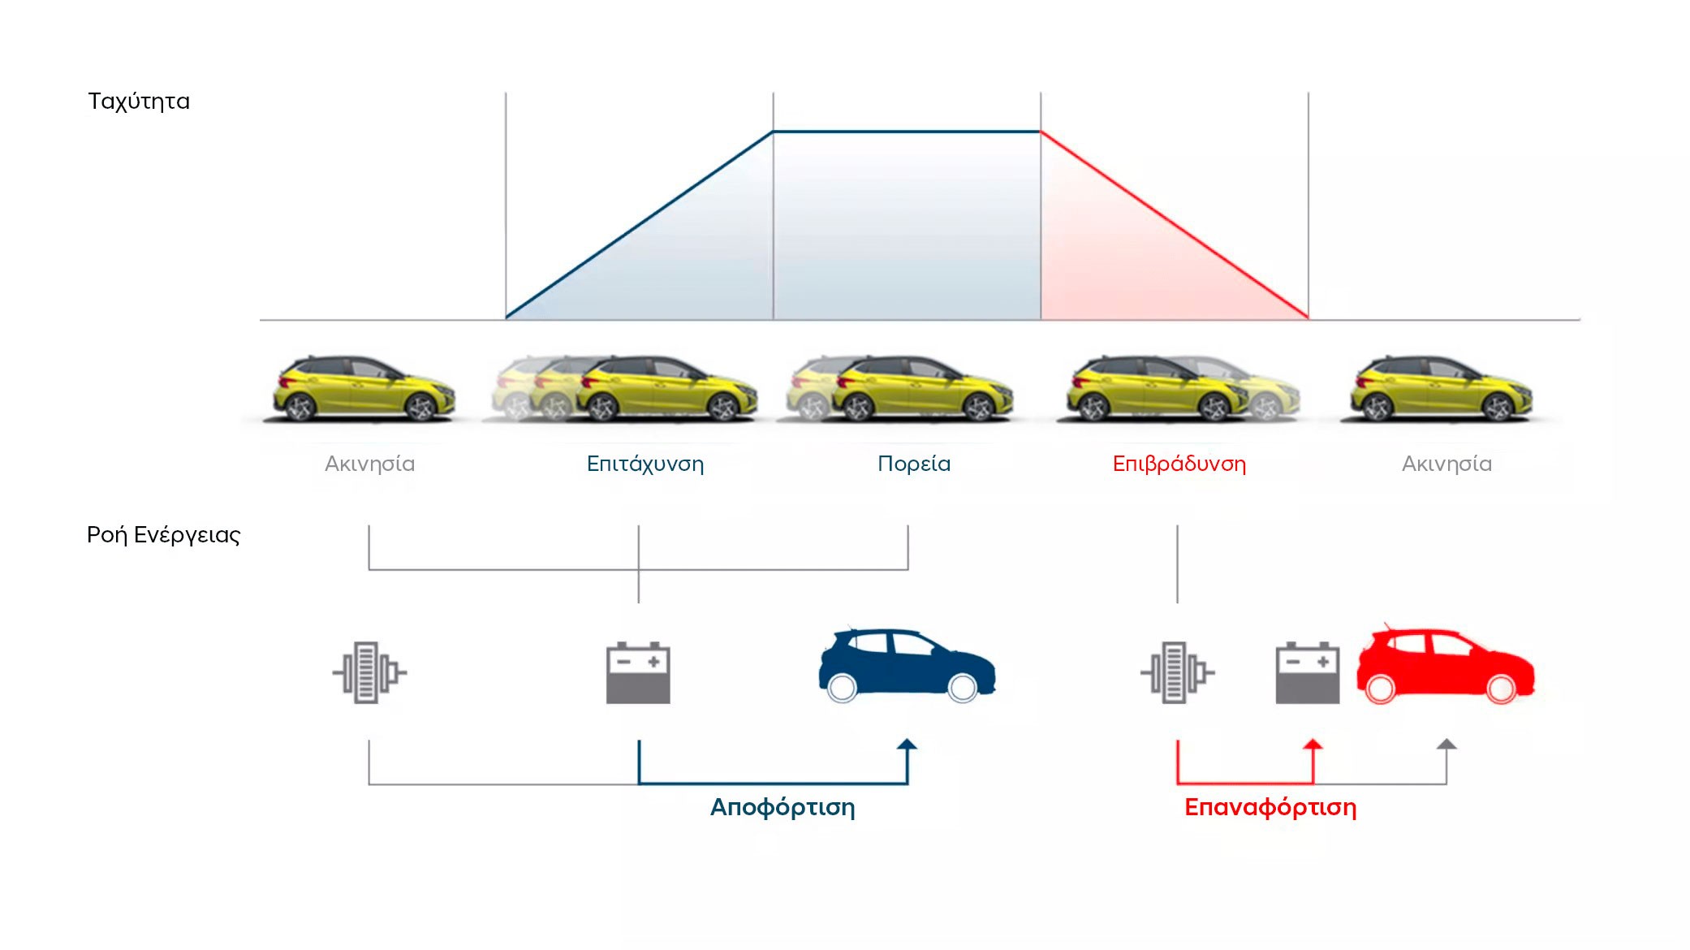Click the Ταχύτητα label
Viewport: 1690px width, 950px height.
[139, 101]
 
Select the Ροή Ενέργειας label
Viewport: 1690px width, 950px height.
[164, 535]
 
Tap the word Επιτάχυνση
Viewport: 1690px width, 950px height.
[645, 464]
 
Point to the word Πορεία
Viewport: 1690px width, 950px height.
[914, 464]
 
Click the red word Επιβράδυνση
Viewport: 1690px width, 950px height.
[1179, 464]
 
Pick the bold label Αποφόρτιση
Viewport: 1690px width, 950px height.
[782, 808]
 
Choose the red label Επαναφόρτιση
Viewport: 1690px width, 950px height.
[1270, 808]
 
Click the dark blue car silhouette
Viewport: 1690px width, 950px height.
[907, 664]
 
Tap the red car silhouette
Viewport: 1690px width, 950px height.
[1446, 664]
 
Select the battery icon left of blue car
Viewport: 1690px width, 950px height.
[639, 673]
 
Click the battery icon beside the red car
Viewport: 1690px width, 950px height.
[1308, 673]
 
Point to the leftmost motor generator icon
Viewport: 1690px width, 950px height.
[369, 672]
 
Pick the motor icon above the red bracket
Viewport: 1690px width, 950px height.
[1177, 672]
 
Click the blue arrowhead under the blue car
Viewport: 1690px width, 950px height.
[908, 745]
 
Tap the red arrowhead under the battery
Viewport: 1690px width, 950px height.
[1313, 745]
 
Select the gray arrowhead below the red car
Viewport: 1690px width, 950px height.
[1446, 745]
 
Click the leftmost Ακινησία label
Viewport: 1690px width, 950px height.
[370, 464]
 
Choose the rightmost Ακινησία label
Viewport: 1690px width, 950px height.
[1447, 464]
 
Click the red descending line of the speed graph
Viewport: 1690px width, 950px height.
[1175, 225]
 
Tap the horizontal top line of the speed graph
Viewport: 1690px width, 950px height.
[907, 132]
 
